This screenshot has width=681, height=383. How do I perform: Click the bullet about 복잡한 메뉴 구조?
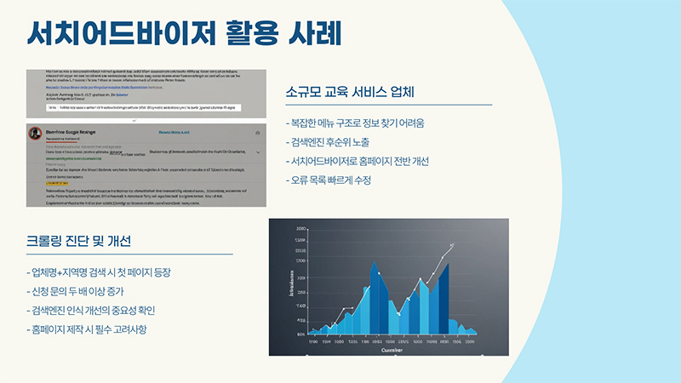coord(354,123)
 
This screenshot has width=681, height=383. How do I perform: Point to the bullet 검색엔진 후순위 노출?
coord(335,142)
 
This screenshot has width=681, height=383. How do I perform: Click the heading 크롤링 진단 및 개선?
coord(78,241)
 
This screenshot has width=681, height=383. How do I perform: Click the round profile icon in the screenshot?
coord(36,134)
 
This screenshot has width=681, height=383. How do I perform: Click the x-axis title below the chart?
coord(392,349)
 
